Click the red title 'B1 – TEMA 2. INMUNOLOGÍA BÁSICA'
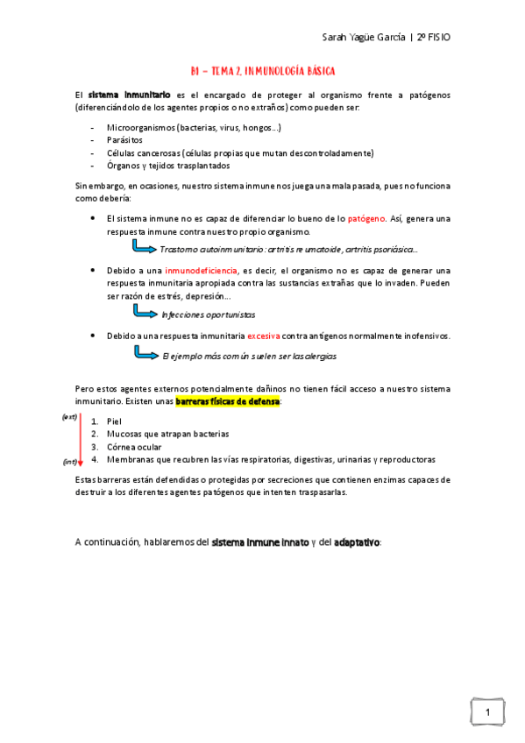point(263,69)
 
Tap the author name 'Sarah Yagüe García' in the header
point(363,39)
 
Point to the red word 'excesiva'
point(263,336)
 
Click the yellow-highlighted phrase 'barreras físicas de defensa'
point(228,401)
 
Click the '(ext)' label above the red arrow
point(69,416)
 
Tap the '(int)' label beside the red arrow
point(69,461)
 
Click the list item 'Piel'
point(113,421)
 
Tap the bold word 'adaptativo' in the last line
point(357,542)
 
